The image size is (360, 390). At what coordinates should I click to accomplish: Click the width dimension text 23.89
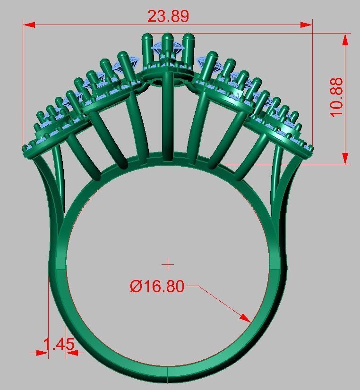coord(168,16)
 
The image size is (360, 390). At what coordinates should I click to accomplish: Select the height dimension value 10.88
coord(336,98)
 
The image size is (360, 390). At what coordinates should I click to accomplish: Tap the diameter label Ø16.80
coord(157,286)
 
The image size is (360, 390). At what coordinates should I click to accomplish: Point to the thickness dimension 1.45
coord(59,344)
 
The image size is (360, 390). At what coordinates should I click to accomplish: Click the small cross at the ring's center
coord(168,264)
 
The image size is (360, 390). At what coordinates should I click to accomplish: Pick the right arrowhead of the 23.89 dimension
coord(307,25)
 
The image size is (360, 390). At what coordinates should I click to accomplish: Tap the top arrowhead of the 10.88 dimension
coord(345,39)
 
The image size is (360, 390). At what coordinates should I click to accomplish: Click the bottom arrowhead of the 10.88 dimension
coord(345,159)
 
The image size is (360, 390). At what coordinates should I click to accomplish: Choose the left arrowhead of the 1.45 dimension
coord(43,352)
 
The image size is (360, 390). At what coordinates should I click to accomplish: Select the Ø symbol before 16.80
coord(136,286)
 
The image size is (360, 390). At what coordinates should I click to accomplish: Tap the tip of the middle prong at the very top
coord(167,35)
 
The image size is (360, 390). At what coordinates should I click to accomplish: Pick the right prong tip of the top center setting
coord(189,36)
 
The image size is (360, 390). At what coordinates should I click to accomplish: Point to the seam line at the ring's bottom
coord(168,374)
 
